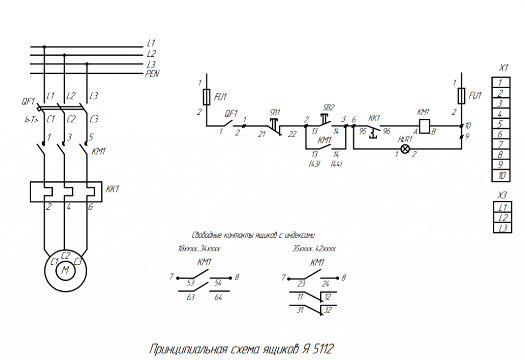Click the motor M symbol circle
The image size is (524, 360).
(x=65, y=270)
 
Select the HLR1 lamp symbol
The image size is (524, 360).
(x=405, y=149)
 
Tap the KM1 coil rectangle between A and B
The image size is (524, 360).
(x=424, y=125)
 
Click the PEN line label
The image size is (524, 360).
(x=152, y=74)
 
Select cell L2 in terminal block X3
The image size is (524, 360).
(x=502, y=218)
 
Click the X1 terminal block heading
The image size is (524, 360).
(x=503, y=68)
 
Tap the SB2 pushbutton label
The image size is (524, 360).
(x=329, y=108)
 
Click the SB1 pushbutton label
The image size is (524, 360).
(x=275, y=112)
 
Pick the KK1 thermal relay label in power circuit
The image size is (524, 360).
(x=113, y=189)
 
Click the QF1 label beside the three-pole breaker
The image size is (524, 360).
(x=28, y=101)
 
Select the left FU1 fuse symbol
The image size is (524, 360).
(x=206, y=96)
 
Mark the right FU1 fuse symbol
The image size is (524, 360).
(x=462, y=95)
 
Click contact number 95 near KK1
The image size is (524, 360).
(x=362, y=131)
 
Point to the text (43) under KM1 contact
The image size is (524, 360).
(x=314, y=164)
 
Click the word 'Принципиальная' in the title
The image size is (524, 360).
(x=188, y=350)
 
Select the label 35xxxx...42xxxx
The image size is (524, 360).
(x=314, y=248)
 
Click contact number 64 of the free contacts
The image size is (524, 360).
(x=219, y=297)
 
